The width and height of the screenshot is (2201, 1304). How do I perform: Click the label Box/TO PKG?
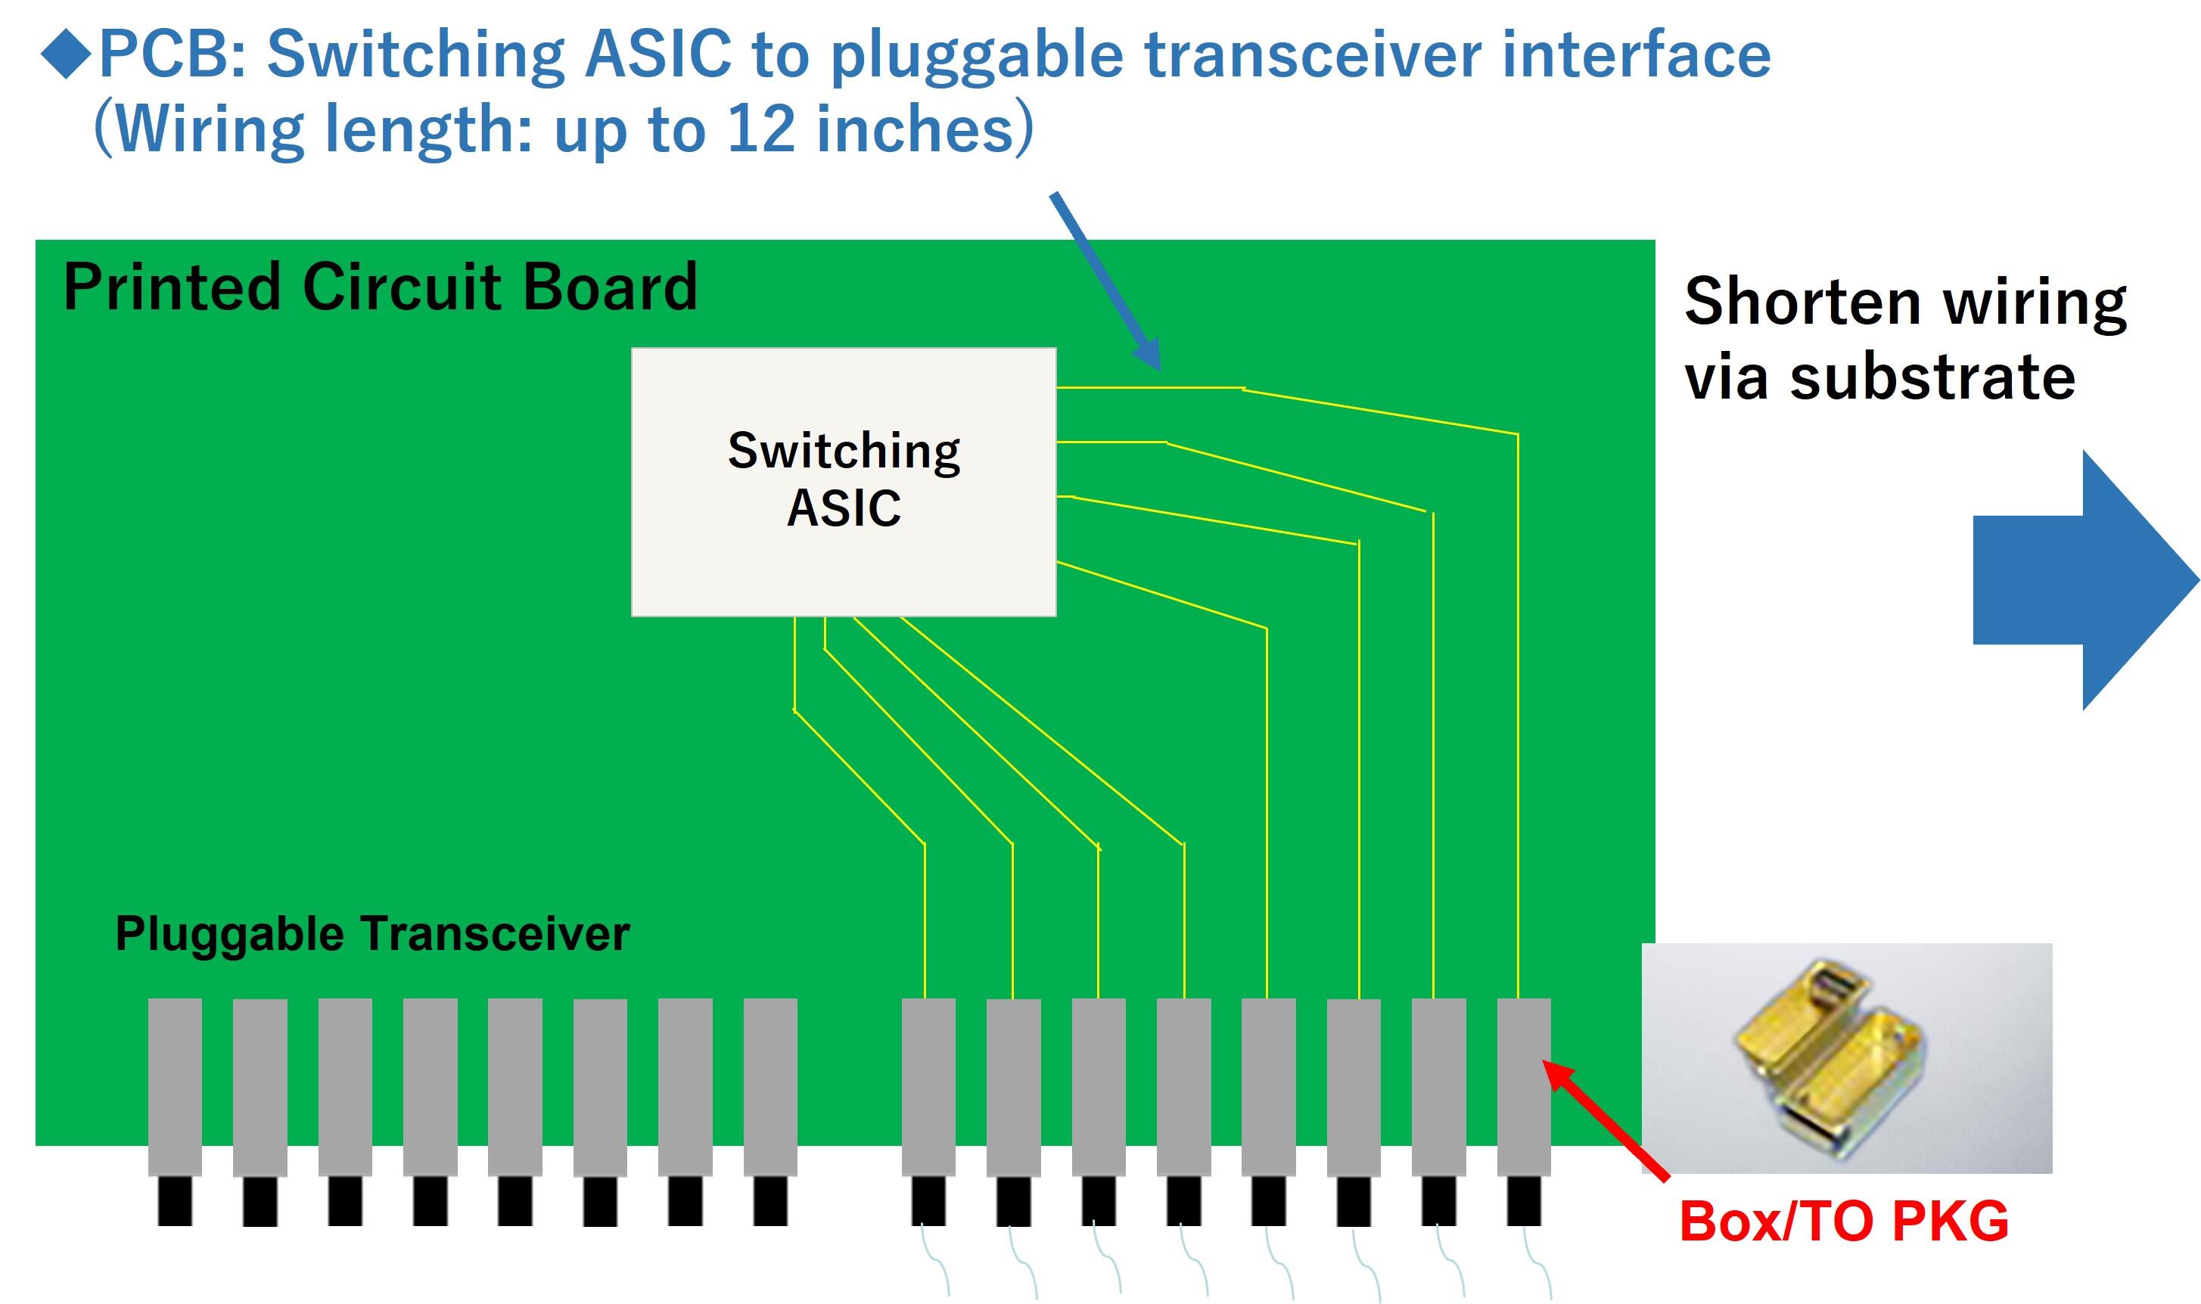pos(1843,1222)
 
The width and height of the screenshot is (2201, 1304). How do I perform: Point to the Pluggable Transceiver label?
pos(371,933)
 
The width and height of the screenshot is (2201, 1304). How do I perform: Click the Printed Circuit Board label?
pos(380,287)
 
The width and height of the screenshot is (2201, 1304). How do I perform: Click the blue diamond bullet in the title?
pos(66,54)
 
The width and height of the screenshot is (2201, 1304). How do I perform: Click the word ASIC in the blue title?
pos(658,54)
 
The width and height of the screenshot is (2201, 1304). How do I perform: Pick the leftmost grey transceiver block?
pos(175,1086)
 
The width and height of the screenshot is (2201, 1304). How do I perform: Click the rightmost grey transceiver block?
pos(1523,1086)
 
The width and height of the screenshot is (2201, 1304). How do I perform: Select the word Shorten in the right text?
pos(1802,301)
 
